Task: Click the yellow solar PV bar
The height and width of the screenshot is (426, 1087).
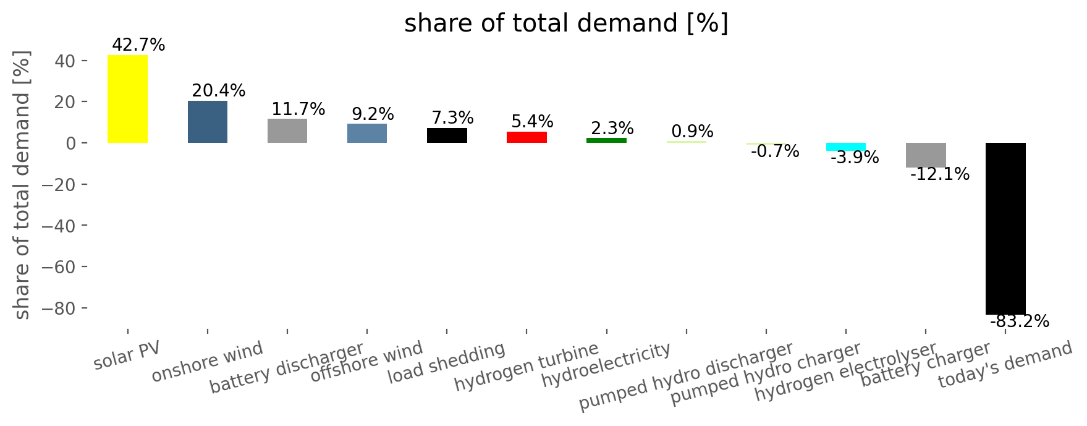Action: click(x=127, y=99)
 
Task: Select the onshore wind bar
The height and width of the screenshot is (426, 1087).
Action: click(x=208, y=122)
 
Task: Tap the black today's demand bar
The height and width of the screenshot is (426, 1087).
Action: click(x=1005, y=229)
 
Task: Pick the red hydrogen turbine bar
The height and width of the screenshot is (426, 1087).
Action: click(x=527, y=137)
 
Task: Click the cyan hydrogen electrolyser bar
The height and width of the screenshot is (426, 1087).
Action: click(x=846, y=147)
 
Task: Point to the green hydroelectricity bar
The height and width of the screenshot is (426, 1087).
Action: click(x=606, y=140)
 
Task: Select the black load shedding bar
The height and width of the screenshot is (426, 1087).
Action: click(x=447, y=135)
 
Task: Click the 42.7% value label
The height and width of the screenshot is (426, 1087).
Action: click(x=138, y=45)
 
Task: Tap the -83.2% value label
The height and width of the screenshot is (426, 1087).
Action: click(x=1020, y=322)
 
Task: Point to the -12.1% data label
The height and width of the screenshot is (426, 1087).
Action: click(x=940, y=174)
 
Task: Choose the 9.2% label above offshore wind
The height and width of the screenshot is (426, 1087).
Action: click(x=373, y=114)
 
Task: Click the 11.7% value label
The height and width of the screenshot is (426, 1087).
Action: click(x=298, y=109)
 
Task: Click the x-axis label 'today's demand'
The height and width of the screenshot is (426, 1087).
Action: click(x=1005, y=365)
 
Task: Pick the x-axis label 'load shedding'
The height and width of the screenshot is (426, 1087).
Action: click(x=447, y=364)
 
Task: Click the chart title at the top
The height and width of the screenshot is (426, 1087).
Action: click(x=566, y=23)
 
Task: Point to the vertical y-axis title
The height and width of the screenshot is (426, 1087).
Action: click(x=22, y=185)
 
